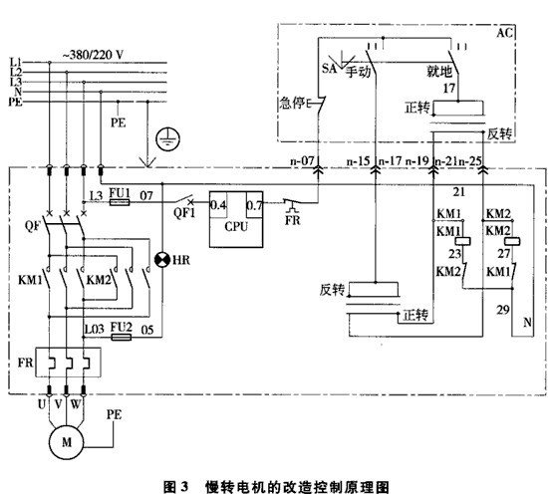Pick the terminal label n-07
[302, 158]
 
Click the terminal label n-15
[360, 158]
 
